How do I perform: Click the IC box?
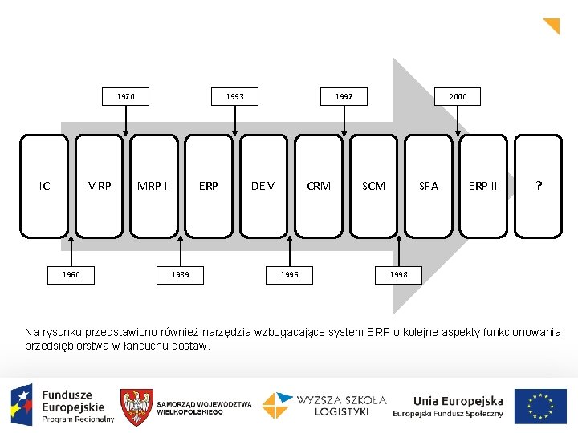[44, 186]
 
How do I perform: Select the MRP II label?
[153, 186]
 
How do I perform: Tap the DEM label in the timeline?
[263, 186]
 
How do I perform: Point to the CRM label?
[319, 186]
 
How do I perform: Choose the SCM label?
[373, 186]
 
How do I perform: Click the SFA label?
[429, 186]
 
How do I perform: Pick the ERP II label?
[483, 186]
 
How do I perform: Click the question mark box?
[539, 186]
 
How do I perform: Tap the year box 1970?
[125, 97]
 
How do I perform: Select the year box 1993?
[234, 97]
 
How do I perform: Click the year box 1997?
[344, 97]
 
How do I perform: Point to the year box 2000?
[458, 97]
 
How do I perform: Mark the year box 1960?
[71, 275]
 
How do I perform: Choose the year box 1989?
[180, 275]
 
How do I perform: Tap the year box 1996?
[289, 275]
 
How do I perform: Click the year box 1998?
[398, 275]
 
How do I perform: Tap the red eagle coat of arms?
[136, 407]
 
